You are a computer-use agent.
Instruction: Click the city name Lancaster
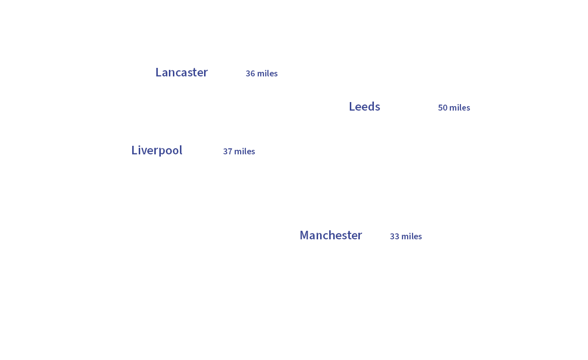pos(181,72)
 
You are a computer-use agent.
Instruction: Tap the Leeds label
pos(364,107)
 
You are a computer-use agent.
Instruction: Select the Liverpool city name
pos(156,150)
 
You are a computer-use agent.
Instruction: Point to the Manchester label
pos(331,235)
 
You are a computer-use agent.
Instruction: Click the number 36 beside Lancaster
pos(250,73)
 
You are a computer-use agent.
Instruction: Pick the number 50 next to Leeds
pos(443,108)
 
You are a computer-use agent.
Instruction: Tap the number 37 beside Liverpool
pos(228,151)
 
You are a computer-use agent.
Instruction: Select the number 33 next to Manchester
pos(395,236)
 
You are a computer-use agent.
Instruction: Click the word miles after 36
pos(267,73)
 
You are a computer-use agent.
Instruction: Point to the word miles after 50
pos(460,108)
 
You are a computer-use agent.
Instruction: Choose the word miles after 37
pos(245,151)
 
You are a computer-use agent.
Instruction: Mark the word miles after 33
pos(412,236)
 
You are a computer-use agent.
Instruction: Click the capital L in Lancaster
pos(158,72)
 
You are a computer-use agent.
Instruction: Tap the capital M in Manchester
pos(304,235)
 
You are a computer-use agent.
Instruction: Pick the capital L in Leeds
pos(352,107)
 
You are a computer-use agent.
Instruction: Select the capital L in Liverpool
pos(134,150)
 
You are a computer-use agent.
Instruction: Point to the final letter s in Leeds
pos(377,107)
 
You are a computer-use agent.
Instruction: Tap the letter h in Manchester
pos(334,235)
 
